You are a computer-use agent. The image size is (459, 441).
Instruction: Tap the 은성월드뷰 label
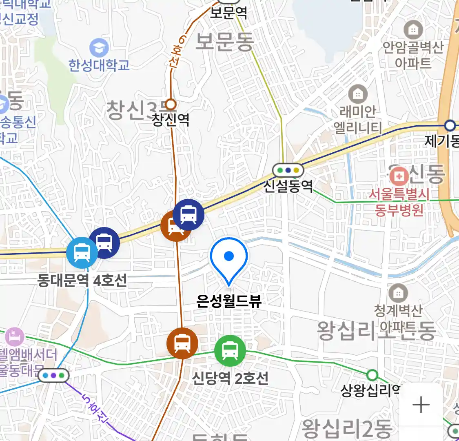pyautogui.click(x=228, y=301)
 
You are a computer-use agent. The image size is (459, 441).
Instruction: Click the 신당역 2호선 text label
pyautogui.click(x=230, y=379)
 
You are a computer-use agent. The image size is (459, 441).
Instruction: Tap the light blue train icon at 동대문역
pyautogui.click(x=82, y=253)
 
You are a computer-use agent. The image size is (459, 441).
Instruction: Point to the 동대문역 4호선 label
pyautogui.click(x=82, y=281)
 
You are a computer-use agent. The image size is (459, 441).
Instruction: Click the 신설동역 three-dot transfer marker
pyautogui.click(x=288, y=170)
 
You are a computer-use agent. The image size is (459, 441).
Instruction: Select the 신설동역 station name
pyautogui.click(x=288, y=186)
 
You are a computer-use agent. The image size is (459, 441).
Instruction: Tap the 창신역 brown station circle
pyautogui.click(x=171, y=105)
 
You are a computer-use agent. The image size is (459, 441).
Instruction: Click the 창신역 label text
pyautogui.click(x=171, y=120)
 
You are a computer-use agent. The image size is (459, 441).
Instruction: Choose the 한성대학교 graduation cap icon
pyautogui.click(x=99, y=48)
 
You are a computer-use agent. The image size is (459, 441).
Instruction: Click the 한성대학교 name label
pyautogui.click(x=99, y=65)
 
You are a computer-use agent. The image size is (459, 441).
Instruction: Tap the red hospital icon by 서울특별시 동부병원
pyautogui.click(x=399, y=176)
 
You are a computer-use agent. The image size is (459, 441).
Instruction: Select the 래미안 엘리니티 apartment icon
pyautogui.click(x=358, y=95)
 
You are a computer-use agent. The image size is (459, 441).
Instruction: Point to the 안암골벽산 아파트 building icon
pyautogui.click(x=413, y=29)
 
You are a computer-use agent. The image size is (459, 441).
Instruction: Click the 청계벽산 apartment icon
pyautogui.click(x=398, y=293)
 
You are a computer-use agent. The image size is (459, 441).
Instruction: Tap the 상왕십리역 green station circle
pyautogui.click(x=372, y=375)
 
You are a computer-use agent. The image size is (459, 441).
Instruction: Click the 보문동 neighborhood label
pyautogui.click(x=225, y=41)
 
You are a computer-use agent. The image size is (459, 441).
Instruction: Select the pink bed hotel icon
pyautogui.click(x=15, y=337)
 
